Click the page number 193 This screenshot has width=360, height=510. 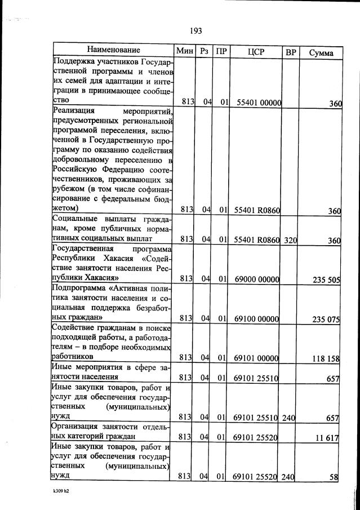coord(196,31)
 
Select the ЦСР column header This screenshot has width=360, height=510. coord(256,52)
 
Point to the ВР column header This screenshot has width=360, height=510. coord(291,52)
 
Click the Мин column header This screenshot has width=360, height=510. coord(185,51)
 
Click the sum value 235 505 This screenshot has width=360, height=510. coord(326,279)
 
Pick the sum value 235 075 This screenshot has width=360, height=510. coord(326,319)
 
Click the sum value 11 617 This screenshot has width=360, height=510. coord(328,437)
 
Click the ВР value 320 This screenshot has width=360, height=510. coord(290,240)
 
